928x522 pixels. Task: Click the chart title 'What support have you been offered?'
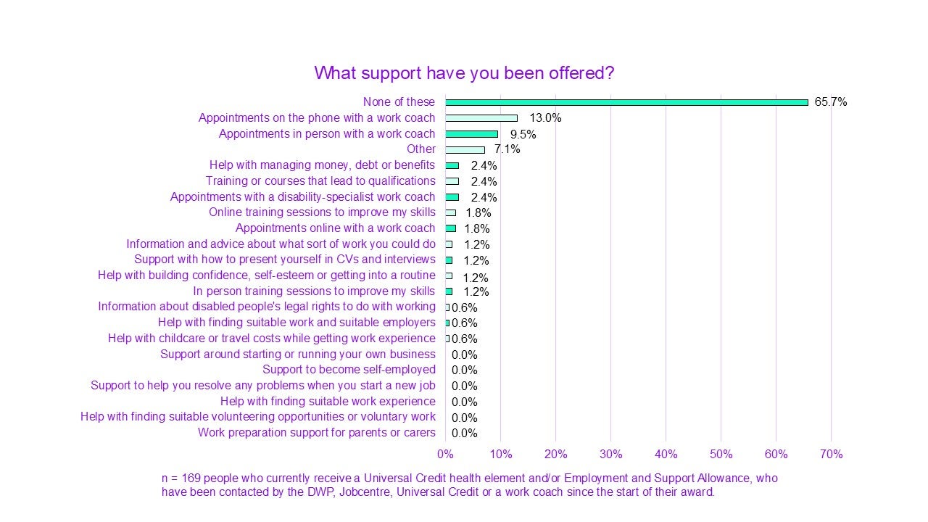(464, 73)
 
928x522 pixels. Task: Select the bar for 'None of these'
(626, 102)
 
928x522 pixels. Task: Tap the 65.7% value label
(830, 102)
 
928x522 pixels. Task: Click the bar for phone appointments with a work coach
(481, 117)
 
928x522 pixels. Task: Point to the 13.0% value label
(546, 117)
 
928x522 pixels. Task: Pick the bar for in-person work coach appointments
(471, 133)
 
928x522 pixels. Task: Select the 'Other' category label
(420, 149)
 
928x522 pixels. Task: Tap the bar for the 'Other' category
(465, 149)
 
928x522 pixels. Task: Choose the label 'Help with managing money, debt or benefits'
(322, 165)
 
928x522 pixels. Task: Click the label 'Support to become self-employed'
(349, 370)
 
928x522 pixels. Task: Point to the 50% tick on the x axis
(721, 455)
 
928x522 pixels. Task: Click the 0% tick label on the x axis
(445, 455)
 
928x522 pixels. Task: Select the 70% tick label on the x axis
(831, 455)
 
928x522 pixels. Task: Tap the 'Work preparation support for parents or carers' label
(316, 433)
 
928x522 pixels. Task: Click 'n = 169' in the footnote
(180, 478)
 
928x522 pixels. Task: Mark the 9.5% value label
(523, 134)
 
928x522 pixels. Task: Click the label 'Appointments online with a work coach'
(335, 228)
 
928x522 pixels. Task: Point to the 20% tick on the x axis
(555, 455)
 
